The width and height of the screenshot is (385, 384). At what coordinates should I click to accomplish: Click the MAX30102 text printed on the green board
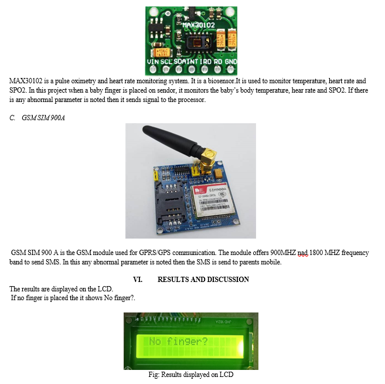(199, 25)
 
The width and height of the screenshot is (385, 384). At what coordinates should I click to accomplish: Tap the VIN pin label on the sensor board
(153, 62)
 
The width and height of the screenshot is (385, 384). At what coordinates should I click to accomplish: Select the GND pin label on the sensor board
(231, 62)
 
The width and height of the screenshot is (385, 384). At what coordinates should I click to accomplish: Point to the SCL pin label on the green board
(166, 62)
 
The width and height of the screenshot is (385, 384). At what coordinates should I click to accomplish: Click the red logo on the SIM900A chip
(199, 191)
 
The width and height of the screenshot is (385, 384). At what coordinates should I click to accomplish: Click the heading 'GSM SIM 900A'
(43, 118)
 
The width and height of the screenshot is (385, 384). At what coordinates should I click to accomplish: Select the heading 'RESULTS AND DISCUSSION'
(203, 279)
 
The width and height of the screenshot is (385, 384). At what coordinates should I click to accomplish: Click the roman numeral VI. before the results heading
(138, 279)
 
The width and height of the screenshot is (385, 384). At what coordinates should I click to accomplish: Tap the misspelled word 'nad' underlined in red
(302, 253)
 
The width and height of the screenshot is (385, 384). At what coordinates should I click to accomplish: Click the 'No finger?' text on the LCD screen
(179, 341)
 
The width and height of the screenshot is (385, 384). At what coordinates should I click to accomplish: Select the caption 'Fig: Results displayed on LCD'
(191, 375)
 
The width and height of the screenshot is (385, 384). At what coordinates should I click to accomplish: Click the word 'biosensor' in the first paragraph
(222, 81)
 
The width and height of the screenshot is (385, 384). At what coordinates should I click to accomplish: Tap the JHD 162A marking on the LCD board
(223, 322)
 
